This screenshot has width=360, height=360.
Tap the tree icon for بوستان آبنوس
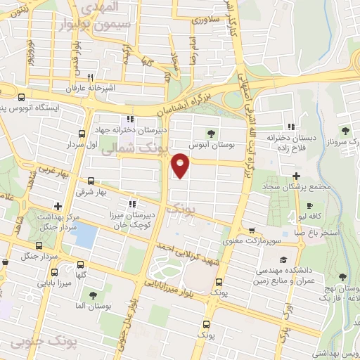pos(211,133)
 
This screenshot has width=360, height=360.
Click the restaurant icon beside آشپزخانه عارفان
pos(90,78)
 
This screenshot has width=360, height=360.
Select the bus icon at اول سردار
pos(82,134)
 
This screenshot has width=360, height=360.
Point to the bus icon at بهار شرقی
pos(91,181)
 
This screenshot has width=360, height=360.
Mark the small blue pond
pos(85,234)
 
